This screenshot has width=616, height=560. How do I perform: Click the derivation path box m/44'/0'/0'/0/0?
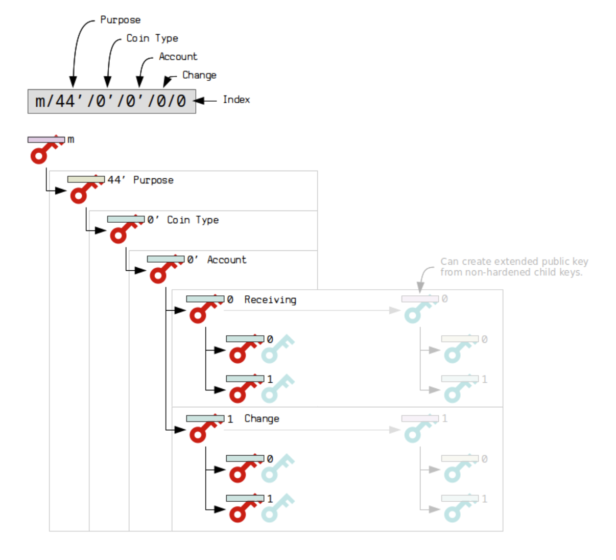coord(111,101)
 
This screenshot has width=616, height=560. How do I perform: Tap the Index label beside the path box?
coord(236,100)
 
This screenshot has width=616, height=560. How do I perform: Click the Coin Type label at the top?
coord(152,38)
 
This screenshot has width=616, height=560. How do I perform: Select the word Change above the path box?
coord(199,75)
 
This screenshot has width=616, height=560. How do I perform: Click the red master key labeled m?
coord(44,150)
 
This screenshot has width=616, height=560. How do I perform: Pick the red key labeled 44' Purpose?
coord(84,190)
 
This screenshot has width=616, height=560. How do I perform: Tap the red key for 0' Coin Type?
coord(124,229)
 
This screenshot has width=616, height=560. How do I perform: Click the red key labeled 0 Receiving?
coord(203,309)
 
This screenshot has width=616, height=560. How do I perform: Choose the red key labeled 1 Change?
coord(203,429)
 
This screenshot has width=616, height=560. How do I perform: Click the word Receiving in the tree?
coord(270,300)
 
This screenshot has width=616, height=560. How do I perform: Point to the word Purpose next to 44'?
coord(153,180)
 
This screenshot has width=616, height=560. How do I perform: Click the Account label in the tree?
coord(226,260)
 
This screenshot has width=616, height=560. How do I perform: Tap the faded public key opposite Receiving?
coord(417,309)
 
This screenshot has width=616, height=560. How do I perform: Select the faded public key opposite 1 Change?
coord(417,429)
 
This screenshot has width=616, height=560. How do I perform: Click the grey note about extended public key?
coord(513,267)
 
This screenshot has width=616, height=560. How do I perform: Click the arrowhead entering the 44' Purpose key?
coord(61,191)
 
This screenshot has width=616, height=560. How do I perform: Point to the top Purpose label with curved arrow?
coord(120,20)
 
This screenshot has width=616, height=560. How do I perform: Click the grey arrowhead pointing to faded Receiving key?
coord(394,310)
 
